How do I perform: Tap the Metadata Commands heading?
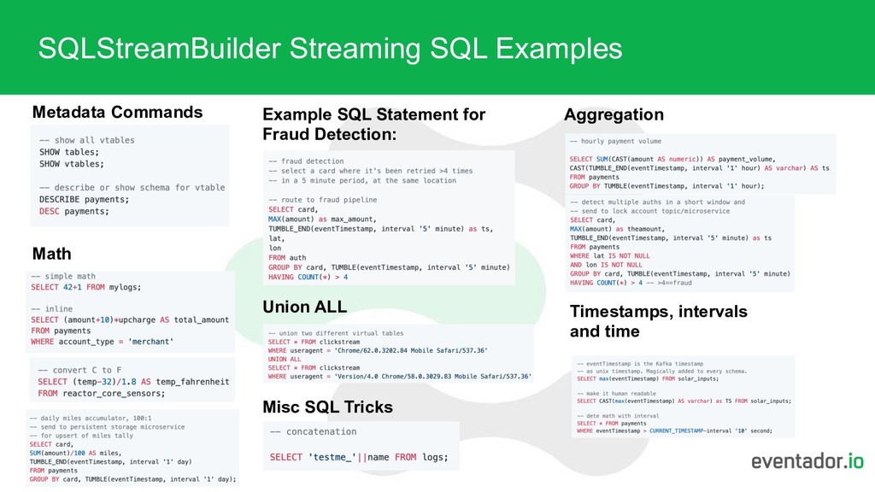(117, 112)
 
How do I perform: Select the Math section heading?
(51, 254)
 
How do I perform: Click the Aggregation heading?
(614, 114)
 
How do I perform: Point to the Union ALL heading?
(304, 307)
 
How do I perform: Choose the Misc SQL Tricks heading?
(327, 407)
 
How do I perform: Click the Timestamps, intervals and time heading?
(658, 321)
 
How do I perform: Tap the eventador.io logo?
(807, 462)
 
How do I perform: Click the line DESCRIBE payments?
(85, 199)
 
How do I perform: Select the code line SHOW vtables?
(72, 163)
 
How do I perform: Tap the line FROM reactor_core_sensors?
(101, 394)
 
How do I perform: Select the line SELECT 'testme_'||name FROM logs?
(358, 457)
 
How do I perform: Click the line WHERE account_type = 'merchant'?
(102, 342)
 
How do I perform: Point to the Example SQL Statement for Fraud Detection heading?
(373, 125)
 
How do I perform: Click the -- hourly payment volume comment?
(615, 141)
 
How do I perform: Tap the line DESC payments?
(74, 211)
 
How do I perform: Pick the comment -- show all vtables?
(86, 140)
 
